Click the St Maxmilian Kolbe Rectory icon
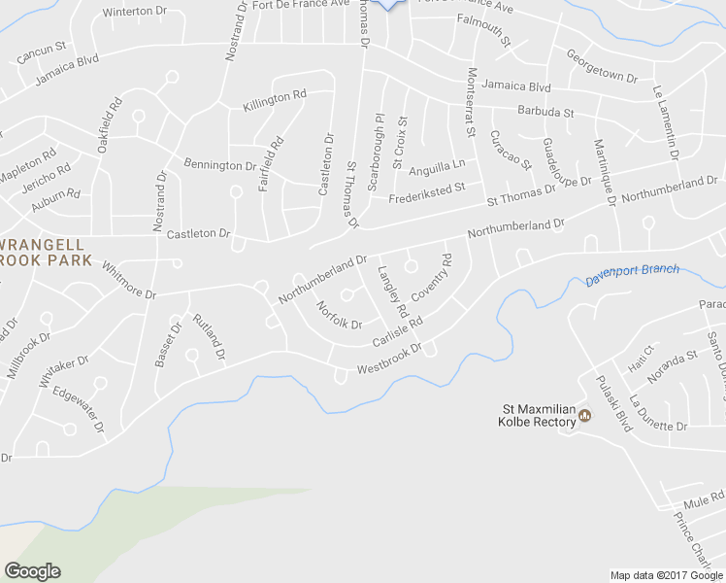coord(584,417)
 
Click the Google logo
coord(32,571)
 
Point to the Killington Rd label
coord(276,98)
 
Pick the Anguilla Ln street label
coord(437,167)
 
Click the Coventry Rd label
coord(432,278)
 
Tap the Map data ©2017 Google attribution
coord(667,574)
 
